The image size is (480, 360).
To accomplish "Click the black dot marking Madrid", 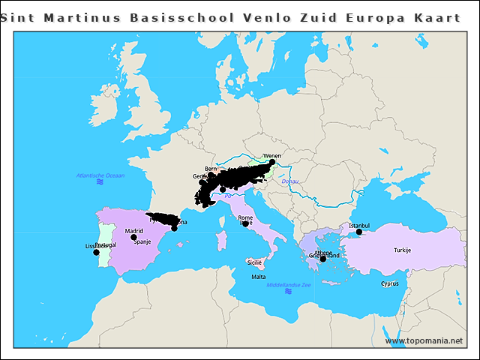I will (x=133, y=237).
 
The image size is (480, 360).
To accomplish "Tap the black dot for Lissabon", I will (x=96, y=252).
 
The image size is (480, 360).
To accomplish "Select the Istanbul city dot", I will (x=359, y=232).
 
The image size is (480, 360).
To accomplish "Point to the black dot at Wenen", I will (x=272, y=162).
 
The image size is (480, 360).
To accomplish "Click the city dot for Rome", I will (x=245, y=223).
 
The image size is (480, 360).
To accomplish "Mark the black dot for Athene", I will (x=322, y=259).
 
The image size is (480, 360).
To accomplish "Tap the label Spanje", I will (x=142, y=242).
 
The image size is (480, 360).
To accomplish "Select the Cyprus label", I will (x=389, y=283).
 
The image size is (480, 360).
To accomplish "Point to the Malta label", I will (x=258, y=277).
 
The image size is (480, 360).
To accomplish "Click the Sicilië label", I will (x=254, y=262).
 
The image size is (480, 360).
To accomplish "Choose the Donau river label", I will (x=289, y=181).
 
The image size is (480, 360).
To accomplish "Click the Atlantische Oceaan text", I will (x=100, y=175).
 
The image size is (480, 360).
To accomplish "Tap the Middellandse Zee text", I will (x=289, y=284).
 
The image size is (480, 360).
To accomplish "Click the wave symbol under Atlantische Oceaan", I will (x=100, y=182).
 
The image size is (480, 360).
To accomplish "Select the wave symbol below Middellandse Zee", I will (x=288, y=292).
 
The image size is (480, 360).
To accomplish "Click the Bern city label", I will (x=210, y=169).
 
